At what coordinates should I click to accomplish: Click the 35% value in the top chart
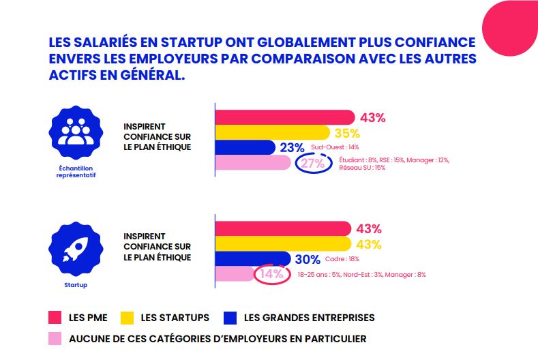(347, 133)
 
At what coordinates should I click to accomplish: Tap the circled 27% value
(312, 164)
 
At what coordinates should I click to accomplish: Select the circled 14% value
(271, 275)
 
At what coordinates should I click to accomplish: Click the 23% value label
(292, 148)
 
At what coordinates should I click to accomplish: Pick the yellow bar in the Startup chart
(284, 244)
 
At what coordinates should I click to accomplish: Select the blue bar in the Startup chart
(252, 259)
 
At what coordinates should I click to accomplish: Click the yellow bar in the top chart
(273, 133)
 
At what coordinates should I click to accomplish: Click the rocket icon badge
(76, 249)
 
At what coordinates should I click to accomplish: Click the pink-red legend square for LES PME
(56, 318)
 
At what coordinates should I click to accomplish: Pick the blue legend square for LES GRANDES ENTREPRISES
(230, 318)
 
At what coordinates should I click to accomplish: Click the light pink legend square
(56, 338)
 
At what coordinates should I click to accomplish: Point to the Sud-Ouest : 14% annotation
(334, 147)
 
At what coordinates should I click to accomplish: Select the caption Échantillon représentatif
(76, 170)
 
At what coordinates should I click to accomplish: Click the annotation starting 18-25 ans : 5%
(361, 275)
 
